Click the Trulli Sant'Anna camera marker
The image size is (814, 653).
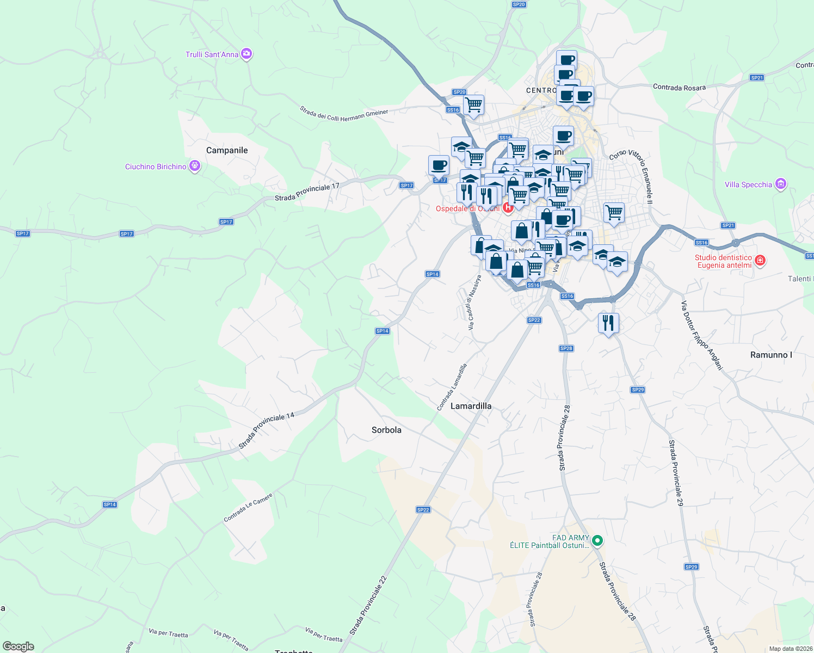(x=246, y=54)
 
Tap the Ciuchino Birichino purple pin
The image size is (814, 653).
(x=195, y=166)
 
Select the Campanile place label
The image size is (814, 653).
(x=227, y=150)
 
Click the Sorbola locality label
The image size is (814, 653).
(x=386, y=430)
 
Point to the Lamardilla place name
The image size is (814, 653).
(x=471, y=406)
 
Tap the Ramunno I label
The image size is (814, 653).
(x=771, y=355)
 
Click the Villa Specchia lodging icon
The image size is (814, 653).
(x=781, y=184)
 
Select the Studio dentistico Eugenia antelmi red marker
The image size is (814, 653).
(x=760, y=261)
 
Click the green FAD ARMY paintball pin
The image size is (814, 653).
(x=597, y=540)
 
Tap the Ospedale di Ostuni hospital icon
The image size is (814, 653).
(x=508, y=207)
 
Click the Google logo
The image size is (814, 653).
(x=18, y=646)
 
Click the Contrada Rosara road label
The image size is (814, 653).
(x=679, y=87)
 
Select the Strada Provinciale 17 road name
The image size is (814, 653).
(x=307, y=192)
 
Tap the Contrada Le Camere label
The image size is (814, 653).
(x=248, y=507)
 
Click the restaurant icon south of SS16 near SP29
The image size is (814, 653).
(x=608, y=323)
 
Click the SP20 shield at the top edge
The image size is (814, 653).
(x=519, y=4)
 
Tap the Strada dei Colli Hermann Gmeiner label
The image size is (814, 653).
(x=344, y=115)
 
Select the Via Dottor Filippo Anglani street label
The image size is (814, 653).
(x=702, y=335)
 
